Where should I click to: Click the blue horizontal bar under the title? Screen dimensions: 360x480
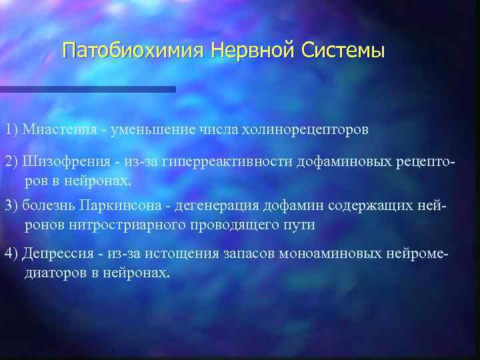click(x=87, y=89)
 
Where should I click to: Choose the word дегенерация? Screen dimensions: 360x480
click(x=217, y=204)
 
